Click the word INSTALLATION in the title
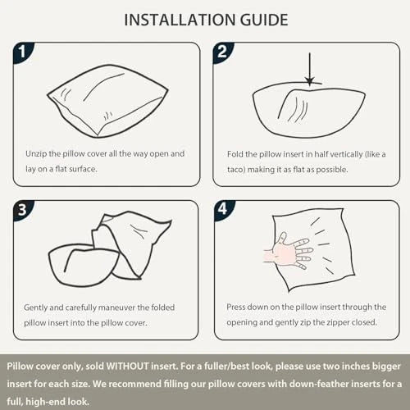180,20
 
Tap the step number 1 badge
23,52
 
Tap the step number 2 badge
222,52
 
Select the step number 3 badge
23,210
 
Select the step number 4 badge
223,209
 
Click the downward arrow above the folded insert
309,69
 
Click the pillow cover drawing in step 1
107,101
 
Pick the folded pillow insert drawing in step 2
309,109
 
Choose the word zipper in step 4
335,323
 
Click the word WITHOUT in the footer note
127,367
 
